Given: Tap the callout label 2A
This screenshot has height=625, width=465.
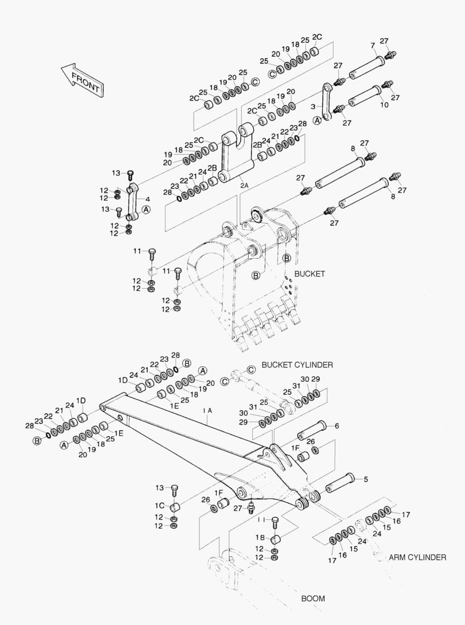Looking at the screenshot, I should click(244, 186).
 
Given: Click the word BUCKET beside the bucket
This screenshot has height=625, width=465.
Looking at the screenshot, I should click(310, 273).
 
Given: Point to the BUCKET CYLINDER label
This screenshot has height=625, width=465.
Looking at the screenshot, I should click(297, 365).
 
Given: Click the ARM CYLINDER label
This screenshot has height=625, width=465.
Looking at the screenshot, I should click(417, 557).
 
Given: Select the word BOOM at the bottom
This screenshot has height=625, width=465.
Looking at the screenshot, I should click(313, 598).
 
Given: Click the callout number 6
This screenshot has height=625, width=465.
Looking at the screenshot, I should click(337, 426).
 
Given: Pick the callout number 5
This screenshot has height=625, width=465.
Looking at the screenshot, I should click(366, 479).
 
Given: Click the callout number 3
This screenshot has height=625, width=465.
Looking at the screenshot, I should click(313, 107).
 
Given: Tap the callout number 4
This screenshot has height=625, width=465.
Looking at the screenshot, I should click(147, 199).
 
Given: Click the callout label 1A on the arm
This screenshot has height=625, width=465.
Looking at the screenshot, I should click(208, 410).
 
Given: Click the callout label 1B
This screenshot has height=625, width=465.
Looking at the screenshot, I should click(260, 538).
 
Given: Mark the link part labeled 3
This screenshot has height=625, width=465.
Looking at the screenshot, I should click(327, 102).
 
